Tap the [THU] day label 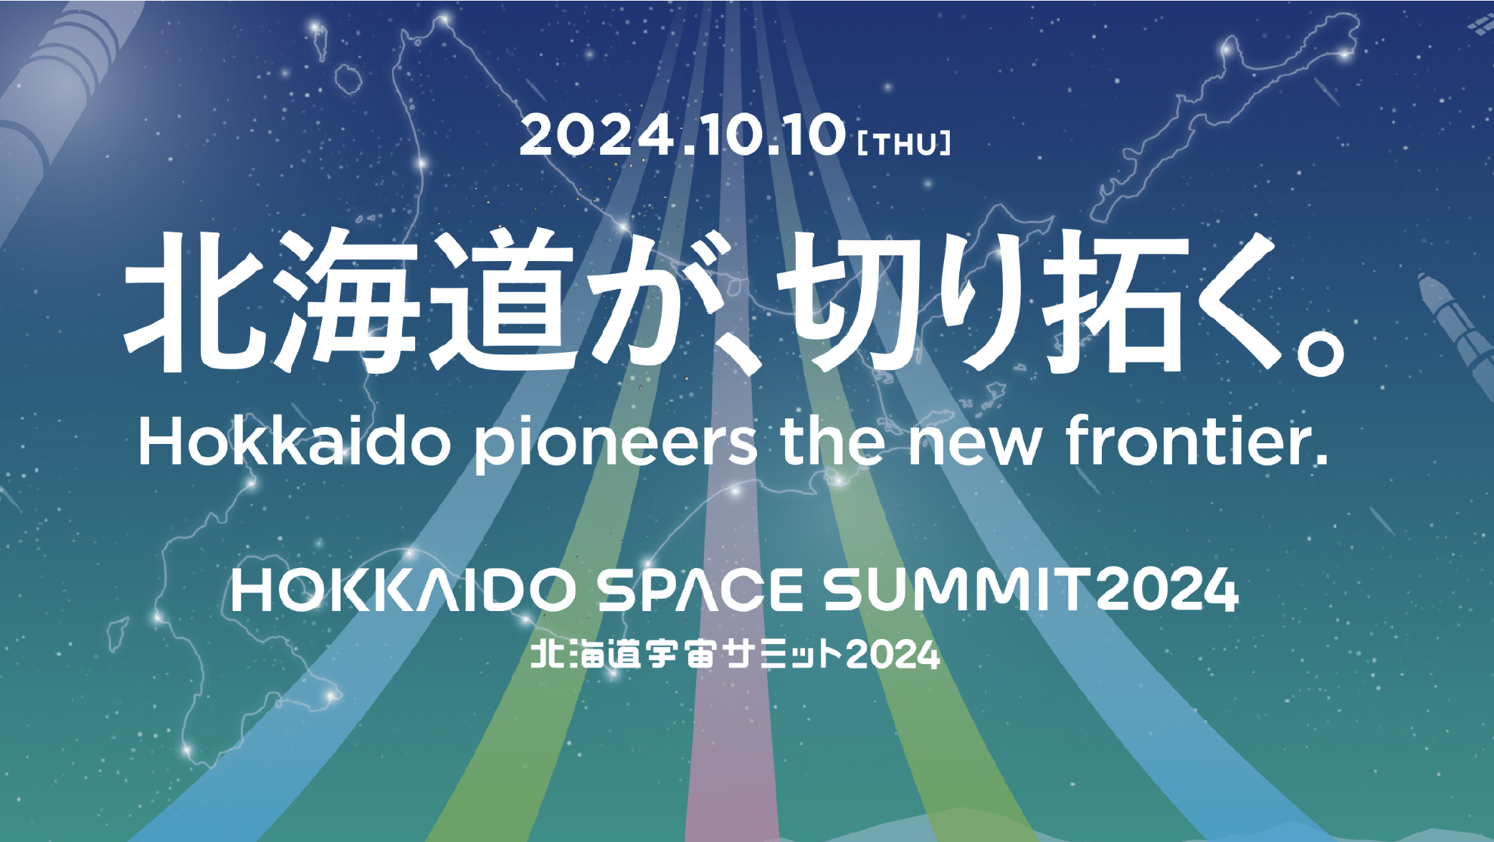pos(904,143)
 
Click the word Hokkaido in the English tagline pos(295,442)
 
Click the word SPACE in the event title pos(700,590)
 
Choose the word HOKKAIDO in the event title pos(404,590)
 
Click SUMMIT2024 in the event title pos(1031,590)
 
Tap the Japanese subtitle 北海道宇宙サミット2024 pos(735,655)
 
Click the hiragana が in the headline pos(663,302)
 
